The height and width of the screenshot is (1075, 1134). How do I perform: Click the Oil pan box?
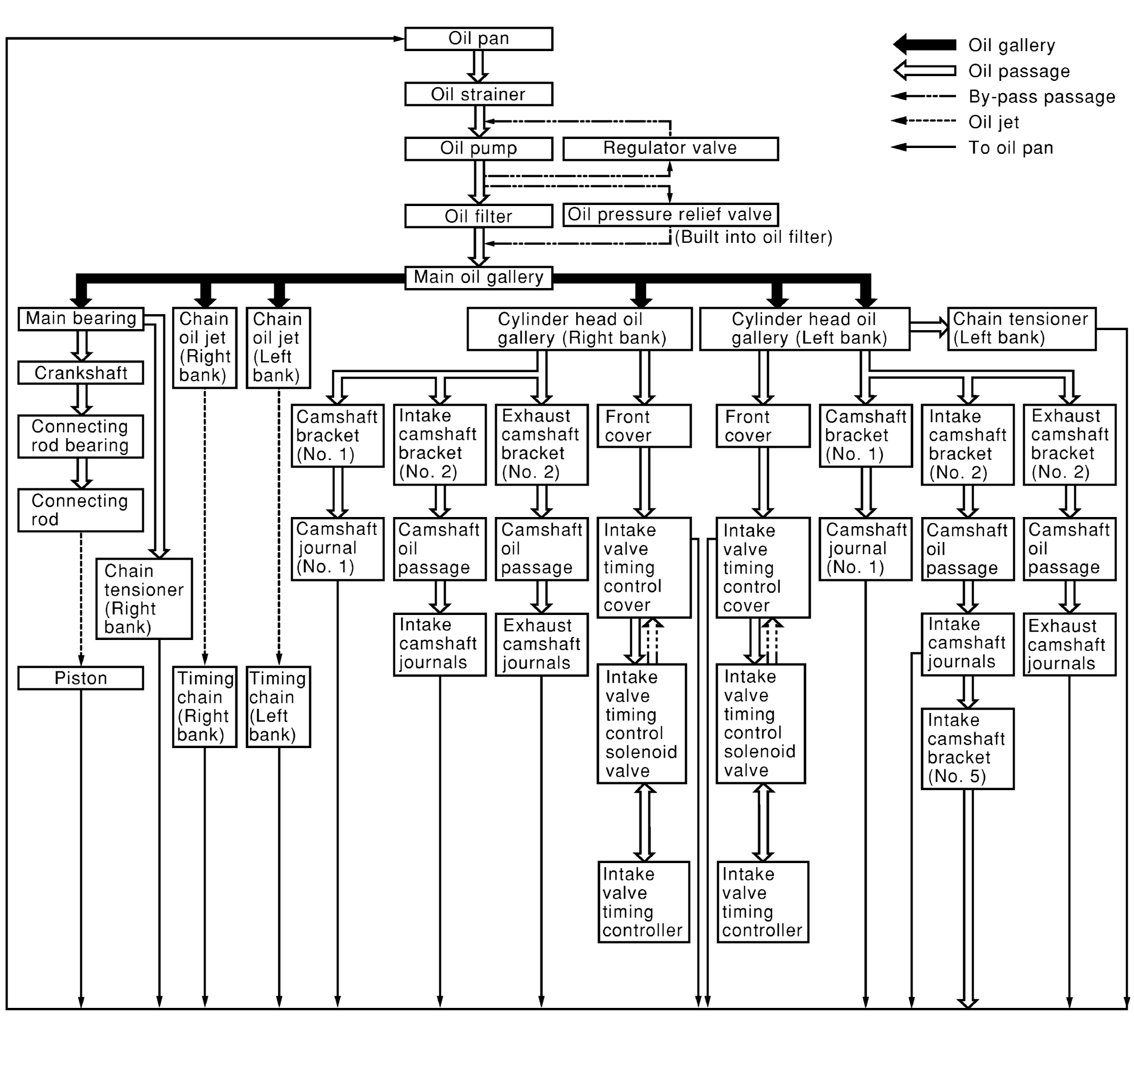[479, 39]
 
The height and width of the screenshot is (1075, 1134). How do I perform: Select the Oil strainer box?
[479, 94]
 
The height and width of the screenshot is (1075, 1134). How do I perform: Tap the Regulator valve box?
[670, 149]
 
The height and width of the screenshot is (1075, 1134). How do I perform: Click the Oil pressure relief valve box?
[670, 215]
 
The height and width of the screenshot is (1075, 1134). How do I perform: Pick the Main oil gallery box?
[479, 278]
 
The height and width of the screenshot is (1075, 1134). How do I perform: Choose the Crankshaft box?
[81, 373]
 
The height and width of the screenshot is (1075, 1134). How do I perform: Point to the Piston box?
[81, 678]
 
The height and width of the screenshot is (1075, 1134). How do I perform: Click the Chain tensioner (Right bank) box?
[144, 599]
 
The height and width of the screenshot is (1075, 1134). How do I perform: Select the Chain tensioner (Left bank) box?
[1021, 329]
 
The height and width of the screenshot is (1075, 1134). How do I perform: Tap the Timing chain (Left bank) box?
[278, 707]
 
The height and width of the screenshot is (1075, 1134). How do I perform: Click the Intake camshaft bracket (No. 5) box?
[967, 749]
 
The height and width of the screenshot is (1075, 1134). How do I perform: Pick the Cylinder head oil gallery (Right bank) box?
[579, 329]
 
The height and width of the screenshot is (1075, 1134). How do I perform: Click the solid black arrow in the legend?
[925, 45]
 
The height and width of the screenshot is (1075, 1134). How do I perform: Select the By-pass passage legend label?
[1042, 97]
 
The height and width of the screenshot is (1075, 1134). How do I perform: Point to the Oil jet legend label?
[993, 122]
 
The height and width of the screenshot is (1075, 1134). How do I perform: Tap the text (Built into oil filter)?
[753, 237]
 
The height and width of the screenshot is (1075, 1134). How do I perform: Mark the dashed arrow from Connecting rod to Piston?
[81, 599]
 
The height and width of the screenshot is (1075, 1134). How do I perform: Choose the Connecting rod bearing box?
[81, 436]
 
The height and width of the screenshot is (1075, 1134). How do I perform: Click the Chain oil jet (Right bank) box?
[204, 347]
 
